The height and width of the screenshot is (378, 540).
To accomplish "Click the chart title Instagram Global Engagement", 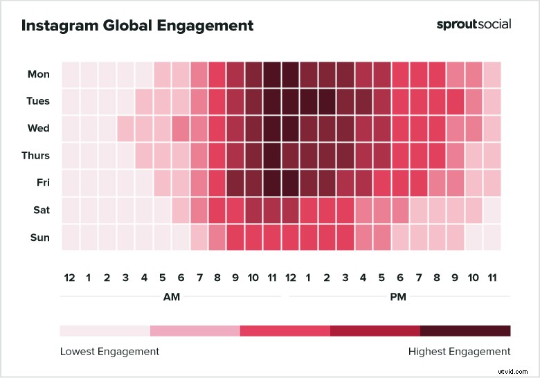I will point(137,26).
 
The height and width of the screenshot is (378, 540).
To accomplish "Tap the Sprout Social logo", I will point(474,24).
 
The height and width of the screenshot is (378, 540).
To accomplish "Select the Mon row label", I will point(39,74).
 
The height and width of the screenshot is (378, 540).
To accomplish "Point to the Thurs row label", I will point(36,156).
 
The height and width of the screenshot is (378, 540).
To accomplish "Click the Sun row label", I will point(39,237).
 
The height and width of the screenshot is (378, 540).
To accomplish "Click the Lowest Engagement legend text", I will point(109,351).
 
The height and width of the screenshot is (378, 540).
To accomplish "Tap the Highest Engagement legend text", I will point(459,351).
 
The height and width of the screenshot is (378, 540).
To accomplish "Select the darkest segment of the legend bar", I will point(465,330).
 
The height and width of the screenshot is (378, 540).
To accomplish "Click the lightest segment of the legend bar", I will point(105,330).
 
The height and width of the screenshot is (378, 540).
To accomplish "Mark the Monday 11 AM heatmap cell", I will point(272,74).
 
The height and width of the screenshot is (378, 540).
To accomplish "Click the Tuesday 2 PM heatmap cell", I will point(327,101).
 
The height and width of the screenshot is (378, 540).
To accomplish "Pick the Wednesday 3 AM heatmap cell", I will point(125,129).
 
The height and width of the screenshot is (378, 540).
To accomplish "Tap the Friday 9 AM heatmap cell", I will point(235,183).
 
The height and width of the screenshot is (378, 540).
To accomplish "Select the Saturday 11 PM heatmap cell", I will point(492,210).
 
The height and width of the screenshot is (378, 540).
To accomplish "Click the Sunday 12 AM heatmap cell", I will point(71,237).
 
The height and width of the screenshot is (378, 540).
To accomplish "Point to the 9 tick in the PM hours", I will point(455,278).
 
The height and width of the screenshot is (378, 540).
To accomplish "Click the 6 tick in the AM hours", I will point(180,278).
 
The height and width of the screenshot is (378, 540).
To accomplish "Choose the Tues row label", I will point(38,101).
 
